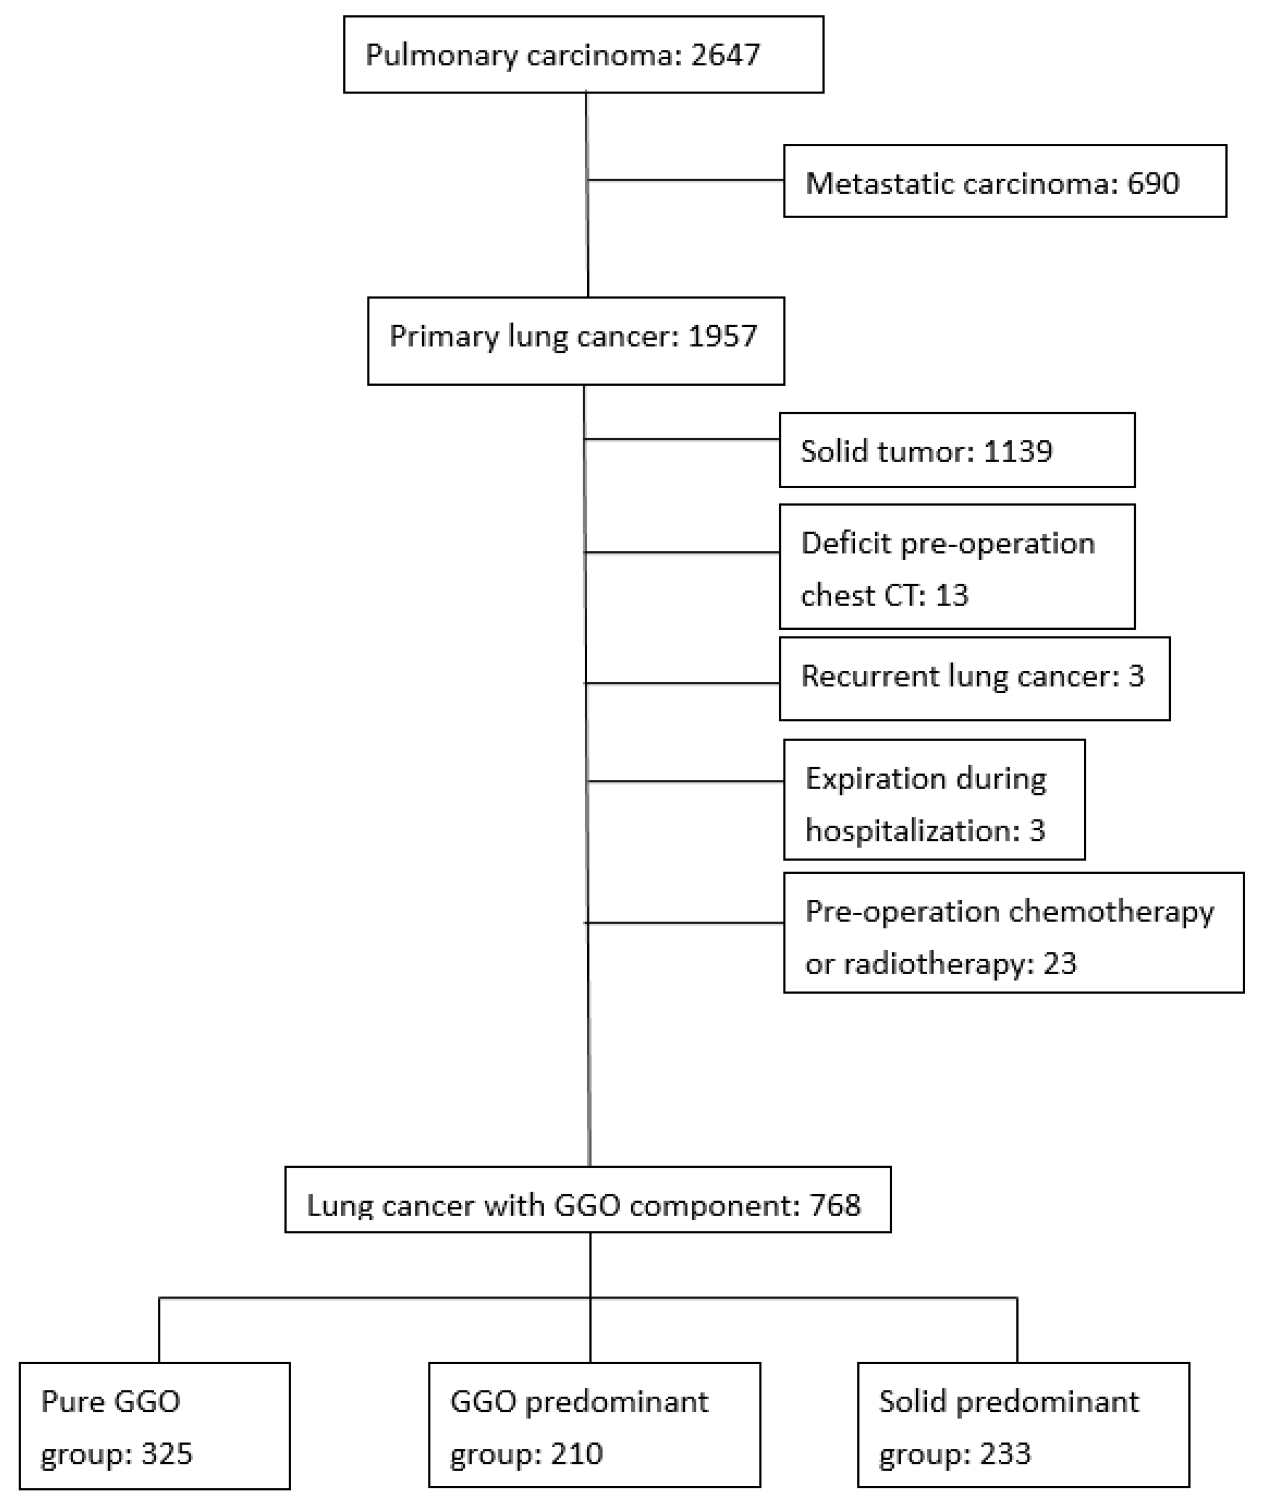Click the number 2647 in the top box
725,55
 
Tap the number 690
1153,184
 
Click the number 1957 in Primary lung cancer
723,336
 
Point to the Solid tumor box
957,450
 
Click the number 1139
1017,451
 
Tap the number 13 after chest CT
952,596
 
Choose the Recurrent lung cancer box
974,678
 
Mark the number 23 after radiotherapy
1060,963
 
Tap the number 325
167,1454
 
